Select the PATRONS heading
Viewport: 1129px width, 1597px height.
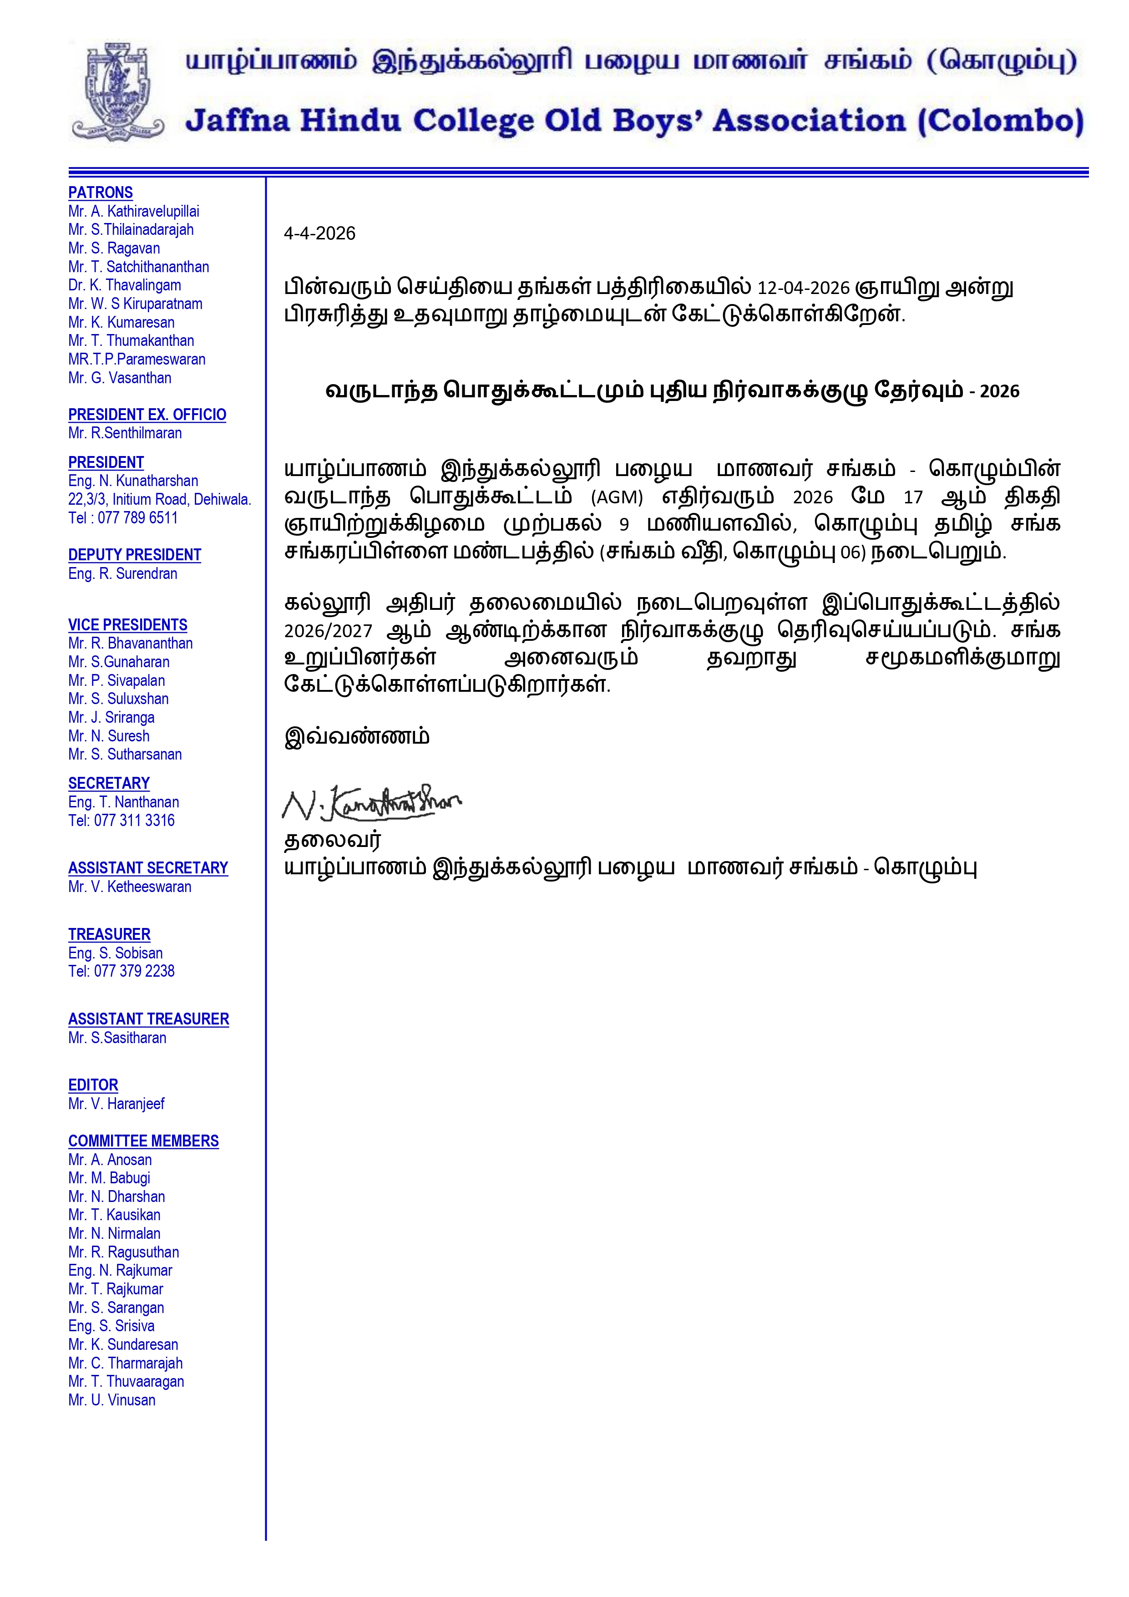coord(100,193)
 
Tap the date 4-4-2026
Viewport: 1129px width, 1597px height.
coord(319,234)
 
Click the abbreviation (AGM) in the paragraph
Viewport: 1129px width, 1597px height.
coord(616,497)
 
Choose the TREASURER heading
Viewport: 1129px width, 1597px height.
coord(109,934)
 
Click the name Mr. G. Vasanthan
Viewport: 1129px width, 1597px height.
coord(120,378)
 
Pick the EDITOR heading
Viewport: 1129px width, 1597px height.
coord(93,1085)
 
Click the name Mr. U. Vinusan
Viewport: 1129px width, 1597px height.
coord(112,1400)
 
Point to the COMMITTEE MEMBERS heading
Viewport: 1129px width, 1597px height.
coord(143,1141)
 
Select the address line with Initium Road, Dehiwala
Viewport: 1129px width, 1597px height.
coord(159,499)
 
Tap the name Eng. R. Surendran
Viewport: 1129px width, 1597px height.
coord(122,574)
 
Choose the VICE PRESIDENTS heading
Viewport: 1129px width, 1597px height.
coord(128,624)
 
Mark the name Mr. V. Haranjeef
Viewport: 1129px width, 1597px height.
coord(116,1104)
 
